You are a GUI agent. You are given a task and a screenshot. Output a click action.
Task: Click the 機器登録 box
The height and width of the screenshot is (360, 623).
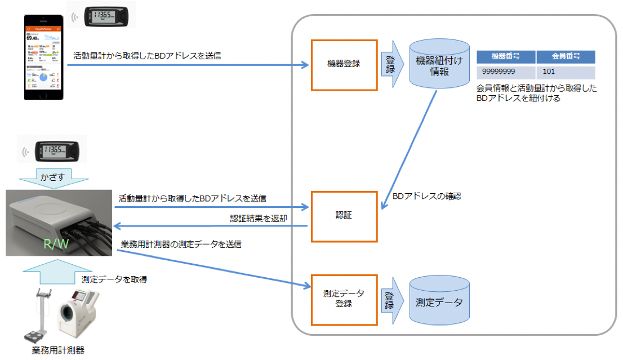(344, 64)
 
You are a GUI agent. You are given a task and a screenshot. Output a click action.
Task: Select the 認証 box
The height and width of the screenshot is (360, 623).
(344, 215)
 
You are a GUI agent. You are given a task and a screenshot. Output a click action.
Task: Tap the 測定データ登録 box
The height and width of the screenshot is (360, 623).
(344, 299)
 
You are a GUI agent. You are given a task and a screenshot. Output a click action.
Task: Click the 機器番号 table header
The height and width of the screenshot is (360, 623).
(505, 57)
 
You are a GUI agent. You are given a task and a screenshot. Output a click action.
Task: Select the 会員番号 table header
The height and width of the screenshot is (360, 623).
(566, 57)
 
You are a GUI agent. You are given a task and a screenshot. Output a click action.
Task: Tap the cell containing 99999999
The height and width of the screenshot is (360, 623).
(505, 73)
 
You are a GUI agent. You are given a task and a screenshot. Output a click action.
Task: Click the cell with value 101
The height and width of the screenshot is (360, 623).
(566, 73)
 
